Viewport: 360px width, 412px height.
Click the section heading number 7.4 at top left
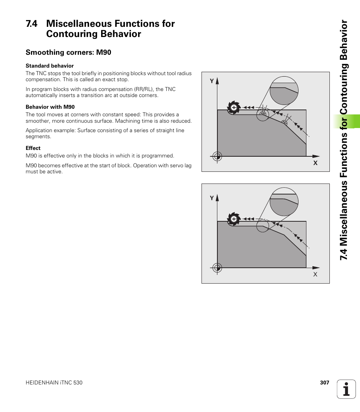(x=32, y=24)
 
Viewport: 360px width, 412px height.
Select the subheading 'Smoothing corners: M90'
(x=68, y=52)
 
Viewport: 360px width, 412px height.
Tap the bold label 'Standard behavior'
(x=49, y=66)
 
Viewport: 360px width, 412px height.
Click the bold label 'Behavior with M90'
(x=50, y=107)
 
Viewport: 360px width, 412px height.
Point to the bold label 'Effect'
(x=33, y=148)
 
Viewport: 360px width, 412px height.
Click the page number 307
(x=325, y=383)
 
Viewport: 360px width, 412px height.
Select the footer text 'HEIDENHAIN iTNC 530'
(x=54, y=383)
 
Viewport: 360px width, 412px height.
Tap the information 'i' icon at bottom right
(x=346, y=389)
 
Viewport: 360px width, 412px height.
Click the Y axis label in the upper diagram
(x=212, y=81)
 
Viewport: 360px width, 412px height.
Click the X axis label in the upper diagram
(x=315, y=163)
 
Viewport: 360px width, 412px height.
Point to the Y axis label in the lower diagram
(x=212, y=198)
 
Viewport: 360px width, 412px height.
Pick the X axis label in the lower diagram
(x=315, y=274)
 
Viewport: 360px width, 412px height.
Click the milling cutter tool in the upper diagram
(x=234, y=108)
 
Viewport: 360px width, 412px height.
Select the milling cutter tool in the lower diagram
(x=234, y=219)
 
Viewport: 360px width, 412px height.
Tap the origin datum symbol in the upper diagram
(x=217, y=156)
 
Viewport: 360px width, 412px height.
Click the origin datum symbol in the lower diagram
(x=217, y=268)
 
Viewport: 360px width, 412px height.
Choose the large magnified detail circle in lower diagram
(x=284, y=202)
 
